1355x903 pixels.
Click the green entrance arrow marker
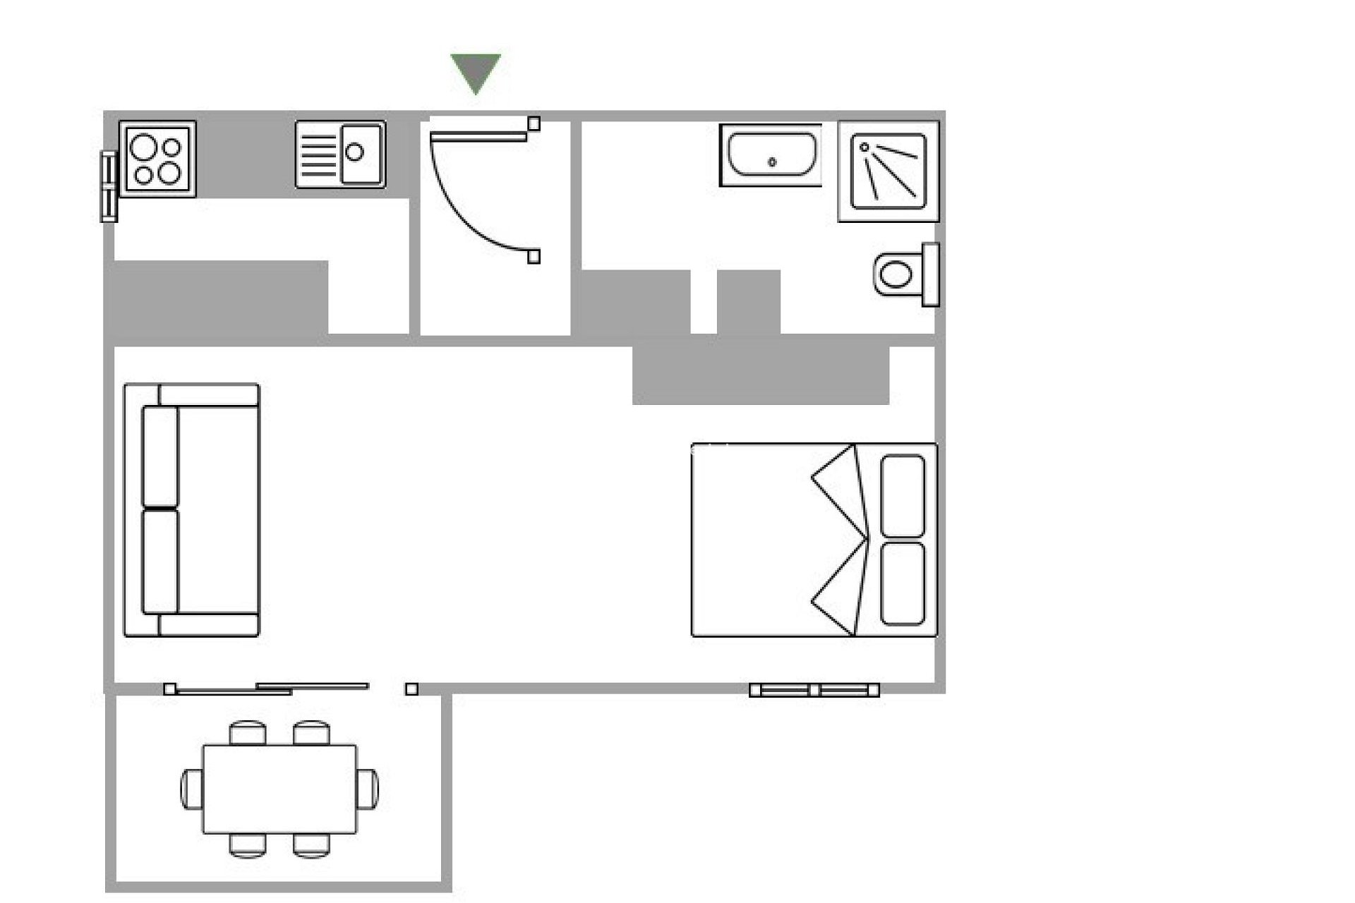476,71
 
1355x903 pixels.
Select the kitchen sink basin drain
355,152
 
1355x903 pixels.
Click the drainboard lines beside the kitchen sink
318,154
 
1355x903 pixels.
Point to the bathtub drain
772,162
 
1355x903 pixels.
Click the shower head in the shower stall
865,147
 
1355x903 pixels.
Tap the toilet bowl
896,274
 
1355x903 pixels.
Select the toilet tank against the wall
931,274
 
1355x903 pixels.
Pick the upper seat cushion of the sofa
160,456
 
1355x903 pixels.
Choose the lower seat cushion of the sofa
160,562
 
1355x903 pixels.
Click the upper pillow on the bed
903,495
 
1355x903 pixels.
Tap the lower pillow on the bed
903,583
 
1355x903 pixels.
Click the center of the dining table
279,789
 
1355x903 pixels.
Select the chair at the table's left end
191,789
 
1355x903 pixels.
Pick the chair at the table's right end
368,789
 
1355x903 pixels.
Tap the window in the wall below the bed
814,690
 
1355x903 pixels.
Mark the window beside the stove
109,186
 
